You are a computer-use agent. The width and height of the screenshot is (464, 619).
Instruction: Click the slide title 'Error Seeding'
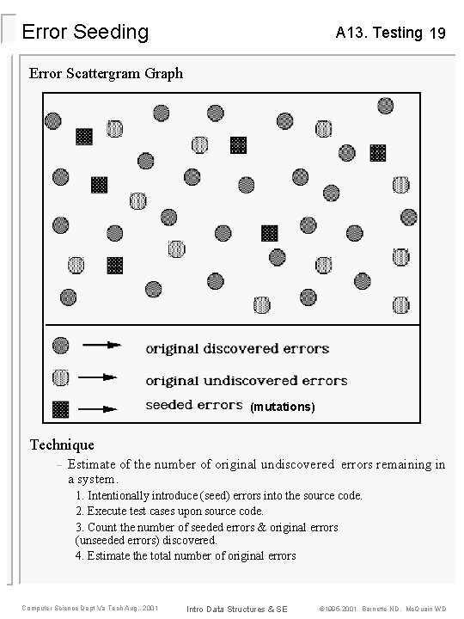(x=85, y=33)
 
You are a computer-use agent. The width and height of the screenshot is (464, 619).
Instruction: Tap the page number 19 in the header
(x=437, y=34)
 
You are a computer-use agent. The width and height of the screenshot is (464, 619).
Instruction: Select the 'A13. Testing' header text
(x=379, y=33)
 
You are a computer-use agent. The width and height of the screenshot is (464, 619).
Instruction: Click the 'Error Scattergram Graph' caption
(x=106, y=74)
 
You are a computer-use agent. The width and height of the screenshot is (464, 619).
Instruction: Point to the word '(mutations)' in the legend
(x=283, y=406)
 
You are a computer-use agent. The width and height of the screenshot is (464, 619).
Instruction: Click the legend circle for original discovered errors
(x=61, y=346)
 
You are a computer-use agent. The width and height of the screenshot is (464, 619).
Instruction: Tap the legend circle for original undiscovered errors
(x=61, y=377)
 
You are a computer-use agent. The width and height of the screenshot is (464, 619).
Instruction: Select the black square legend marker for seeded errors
(x=61, y=408)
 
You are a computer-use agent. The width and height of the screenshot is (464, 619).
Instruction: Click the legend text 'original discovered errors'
(x=237, y=348)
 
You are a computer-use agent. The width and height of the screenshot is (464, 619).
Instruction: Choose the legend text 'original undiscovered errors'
(x=246, y=379)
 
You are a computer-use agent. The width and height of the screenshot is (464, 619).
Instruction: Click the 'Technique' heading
(x=62, y=444)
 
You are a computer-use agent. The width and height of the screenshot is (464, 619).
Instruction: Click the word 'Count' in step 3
(x=101, y=526)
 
